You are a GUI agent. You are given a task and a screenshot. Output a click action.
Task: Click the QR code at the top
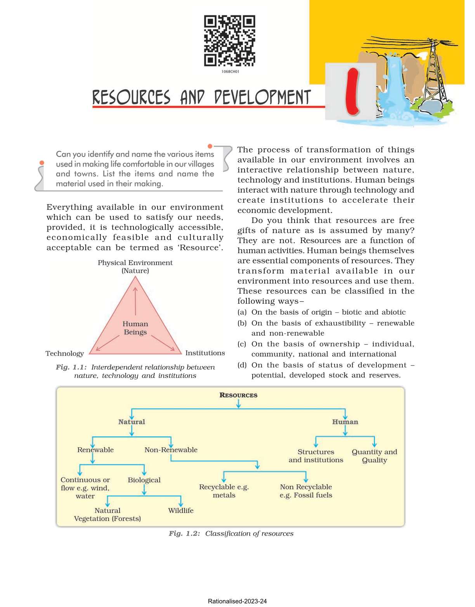tap(229, 41)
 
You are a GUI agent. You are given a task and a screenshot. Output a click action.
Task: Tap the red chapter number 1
tap(352, 92)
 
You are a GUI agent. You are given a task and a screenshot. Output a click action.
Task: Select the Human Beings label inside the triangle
tap(135, 328)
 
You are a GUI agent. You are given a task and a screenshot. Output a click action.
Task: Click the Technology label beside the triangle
tap(64, 353)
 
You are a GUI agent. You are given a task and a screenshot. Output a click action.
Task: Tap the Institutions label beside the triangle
tap(205, 353)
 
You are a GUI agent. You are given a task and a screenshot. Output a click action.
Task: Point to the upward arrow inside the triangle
tap(135, 301)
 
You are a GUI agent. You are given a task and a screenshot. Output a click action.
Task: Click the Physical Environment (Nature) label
tap(135, 266)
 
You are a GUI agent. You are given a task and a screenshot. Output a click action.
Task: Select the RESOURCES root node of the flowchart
tap(238, 395)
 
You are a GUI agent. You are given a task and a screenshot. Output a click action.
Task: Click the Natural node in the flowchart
tap(132, 422)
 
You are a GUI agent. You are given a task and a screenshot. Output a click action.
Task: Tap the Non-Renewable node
tap(171, 450)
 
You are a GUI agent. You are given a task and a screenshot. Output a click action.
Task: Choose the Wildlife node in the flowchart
tap(180, 510)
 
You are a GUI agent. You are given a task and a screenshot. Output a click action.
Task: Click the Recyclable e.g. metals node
tap(224, 491)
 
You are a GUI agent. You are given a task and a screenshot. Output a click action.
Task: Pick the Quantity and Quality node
tap(374, 456)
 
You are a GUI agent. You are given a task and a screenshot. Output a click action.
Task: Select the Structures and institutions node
tap(316, 456)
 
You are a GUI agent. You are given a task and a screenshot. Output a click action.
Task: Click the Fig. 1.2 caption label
tap(184, 534)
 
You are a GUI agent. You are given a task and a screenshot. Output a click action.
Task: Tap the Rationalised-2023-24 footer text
tap(237, 601)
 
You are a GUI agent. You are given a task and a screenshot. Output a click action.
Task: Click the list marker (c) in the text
tap(242, 344)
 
